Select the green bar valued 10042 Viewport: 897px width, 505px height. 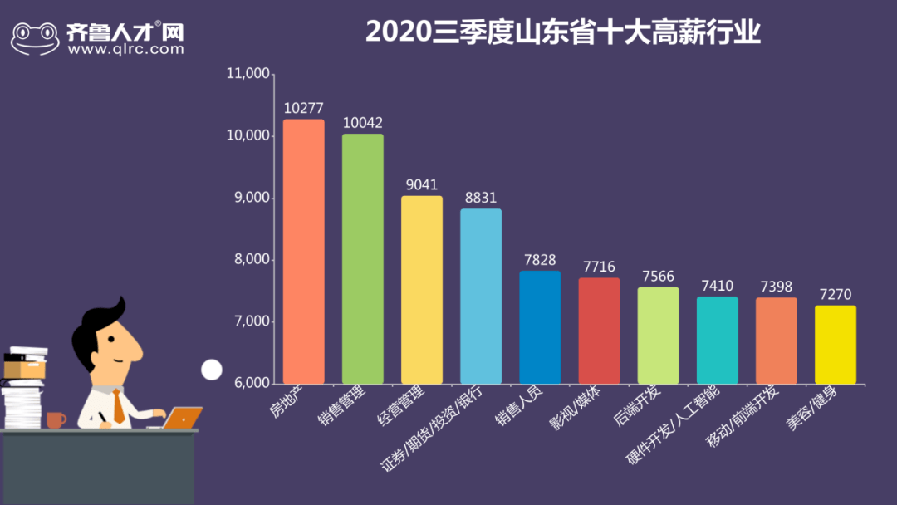(x=363, y=258)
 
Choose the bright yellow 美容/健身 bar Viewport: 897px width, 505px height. (x=835, y=344)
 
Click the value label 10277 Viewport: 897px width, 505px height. (x=303, y=108)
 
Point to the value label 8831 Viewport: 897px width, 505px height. (x=481, y=198)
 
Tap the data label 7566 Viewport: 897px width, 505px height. (x=658, y=277)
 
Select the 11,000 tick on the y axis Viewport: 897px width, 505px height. (x=248, y=74)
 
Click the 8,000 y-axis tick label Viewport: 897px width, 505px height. (x=251, y=260)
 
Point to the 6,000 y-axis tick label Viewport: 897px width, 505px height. (x=251, y=384)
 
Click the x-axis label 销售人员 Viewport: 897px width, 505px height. (x=517, y=406)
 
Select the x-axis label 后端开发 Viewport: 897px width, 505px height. (x=637, y=406)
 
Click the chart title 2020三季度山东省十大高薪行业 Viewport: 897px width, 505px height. (x=563, y=32)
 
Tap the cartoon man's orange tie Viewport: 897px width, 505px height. (x=119, y=406)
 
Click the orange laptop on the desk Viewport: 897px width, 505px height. (x=184, y=417)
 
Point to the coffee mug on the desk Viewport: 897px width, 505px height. (x=56, y=419)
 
